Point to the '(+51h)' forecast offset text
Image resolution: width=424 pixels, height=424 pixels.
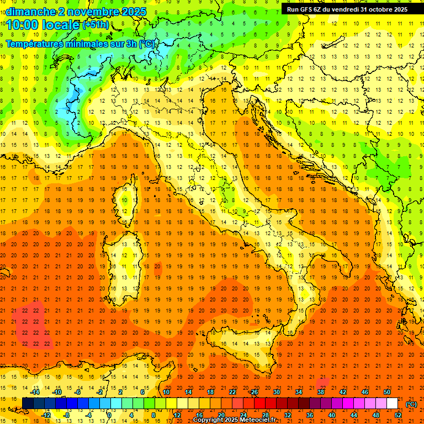point(95,24)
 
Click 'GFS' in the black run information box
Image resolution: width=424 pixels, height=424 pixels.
point(306,9)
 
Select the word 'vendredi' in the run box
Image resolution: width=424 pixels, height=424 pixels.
point(346,9)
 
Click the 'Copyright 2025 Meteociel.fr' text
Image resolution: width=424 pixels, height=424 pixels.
point(234,420)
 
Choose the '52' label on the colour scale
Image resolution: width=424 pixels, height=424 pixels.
point(398,415)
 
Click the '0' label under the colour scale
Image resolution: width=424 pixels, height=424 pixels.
point(109,415)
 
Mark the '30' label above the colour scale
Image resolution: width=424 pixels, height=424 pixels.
point(277,392)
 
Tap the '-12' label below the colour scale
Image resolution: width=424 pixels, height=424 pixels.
point(46,415)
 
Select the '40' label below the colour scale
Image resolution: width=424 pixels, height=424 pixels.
point(331,415)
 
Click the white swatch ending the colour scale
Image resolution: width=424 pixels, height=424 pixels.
point(392,403)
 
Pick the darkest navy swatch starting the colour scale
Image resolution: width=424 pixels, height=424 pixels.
point(28,403)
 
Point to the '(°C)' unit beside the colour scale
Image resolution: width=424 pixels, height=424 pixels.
point(411,404)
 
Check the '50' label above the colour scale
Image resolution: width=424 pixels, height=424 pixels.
point(386,392)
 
